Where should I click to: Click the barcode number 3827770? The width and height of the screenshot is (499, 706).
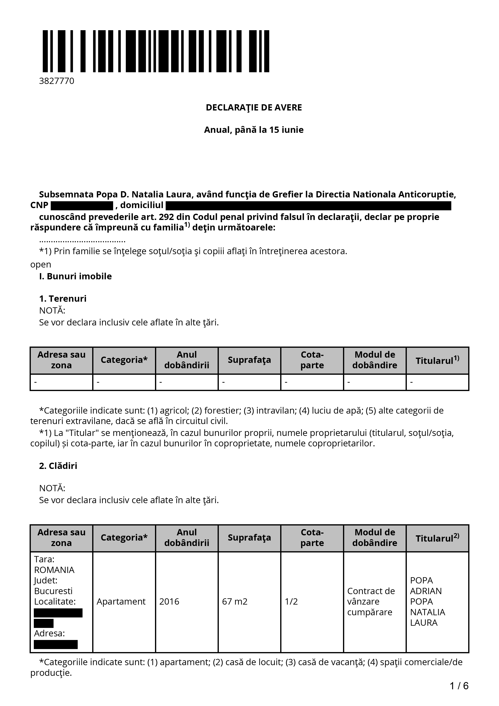[x=57, y=81]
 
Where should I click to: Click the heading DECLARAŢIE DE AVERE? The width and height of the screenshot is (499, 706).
[x=254, y=108]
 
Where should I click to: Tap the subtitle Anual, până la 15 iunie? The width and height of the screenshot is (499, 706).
[x=254, y=130]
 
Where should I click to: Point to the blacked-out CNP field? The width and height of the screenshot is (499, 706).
[x=82, y=205]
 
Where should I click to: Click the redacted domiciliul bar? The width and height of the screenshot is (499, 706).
[x=308, y=205]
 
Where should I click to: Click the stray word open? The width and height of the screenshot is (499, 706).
[x=41, y=264]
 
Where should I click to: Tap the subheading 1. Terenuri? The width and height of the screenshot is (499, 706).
[x=63, y=299]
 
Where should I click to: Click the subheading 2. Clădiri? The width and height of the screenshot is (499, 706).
[x=58, y=466]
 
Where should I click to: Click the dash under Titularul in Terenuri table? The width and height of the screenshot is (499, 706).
[x=412, y=382]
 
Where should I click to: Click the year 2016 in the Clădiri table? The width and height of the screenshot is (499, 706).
[x=169, y=602]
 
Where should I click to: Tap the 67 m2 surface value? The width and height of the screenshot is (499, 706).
[x=235, y=602]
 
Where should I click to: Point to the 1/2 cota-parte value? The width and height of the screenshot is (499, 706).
[x=291, y=602]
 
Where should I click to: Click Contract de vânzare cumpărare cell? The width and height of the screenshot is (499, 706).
[x=371, y=602]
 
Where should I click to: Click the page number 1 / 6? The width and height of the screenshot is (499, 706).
[x=459, y=686]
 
